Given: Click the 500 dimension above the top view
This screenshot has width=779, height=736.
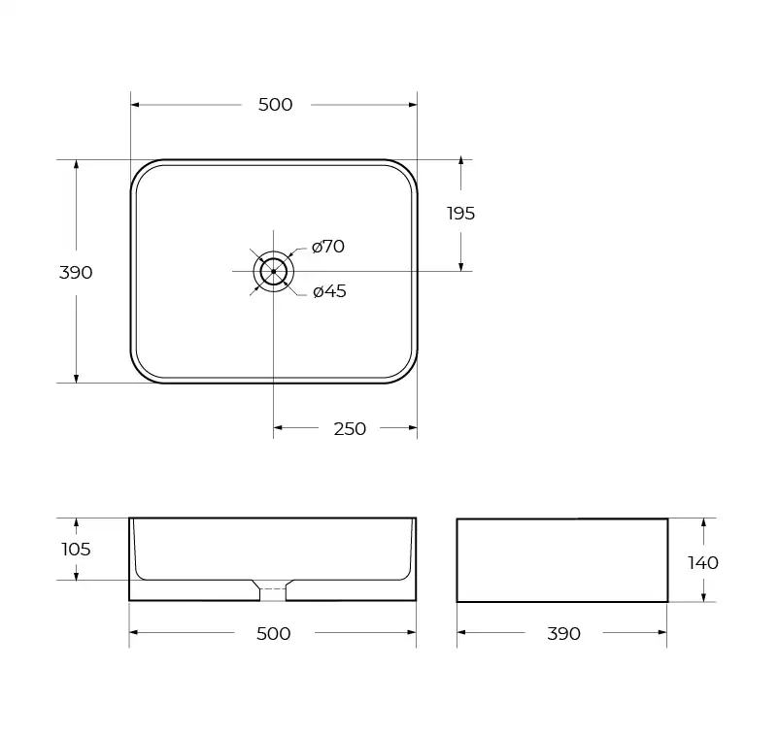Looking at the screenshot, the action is coord(275,105).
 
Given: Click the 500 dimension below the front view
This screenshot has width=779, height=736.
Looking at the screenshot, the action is coord(273,634).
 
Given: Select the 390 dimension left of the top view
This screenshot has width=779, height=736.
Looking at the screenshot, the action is coord(76,273).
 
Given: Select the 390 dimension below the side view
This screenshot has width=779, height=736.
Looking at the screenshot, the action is coord(563,634).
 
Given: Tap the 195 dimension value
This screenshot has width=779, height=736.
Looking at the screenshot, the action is coord(460,214).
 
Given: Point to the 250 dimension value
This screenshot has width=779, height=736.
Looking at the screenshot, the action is coord(350,428).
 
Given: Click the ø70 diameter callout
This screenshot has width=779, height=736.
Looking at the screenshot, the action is coord(328,247).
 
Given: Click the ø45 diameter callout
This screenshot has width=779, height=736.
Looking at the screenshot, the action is coord(329,291).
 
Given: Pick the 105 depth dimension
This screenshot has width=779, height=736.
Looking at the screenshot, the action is coord(76,550).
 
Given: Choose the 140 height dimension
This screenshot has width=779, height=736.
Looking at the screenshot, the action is coord(703,562).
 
